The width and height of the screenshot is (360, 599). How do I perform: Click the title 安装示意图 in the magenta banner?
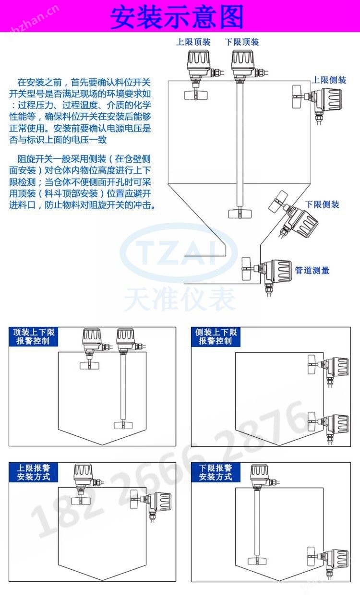(x=177, y=17)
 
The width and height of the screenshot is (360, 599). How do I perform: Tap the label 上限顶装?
(x=193, y=42)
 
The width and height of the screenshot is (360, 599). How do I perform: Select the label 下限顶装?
(x=242, y=42)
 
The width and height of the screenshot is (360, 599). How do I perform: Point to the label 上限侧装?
(x=329, y=80)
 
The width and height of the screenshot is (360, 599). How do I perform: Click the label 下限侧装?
(x=322, y=204)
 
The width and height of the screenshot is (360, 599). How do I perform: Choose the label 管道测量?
(x=312, y=270)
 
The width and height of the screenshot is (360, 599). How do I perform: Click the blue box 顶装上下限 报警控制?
(x=34, y=336)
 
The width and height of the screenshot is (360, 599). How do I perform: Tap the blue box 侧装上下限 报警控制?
(x=216, y=336)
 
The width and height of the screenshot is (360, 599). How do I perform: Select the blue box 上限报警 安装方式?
(x=34, y=472)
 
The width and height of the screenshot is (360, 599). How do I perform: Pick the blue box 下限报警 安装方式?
(x=216, y=472)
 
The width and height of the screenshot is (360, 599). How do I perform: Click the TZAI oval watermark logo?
(x=179, y=252)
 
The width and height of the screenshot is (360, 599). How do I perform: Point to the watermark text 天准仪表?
(x=180, y=299)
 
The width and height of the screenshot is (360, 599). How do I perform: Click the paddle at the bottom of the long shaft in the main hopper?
(x=240, y=214)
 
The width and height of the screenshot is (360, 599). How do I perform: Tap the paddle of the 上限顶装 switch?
(x=196, y=95)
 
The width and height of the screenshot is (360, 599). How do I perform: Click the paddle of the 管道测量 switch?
(x=246, y=269)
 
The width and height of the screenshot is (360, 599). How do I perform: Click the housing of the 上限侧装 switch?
(x=328, y=99)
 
